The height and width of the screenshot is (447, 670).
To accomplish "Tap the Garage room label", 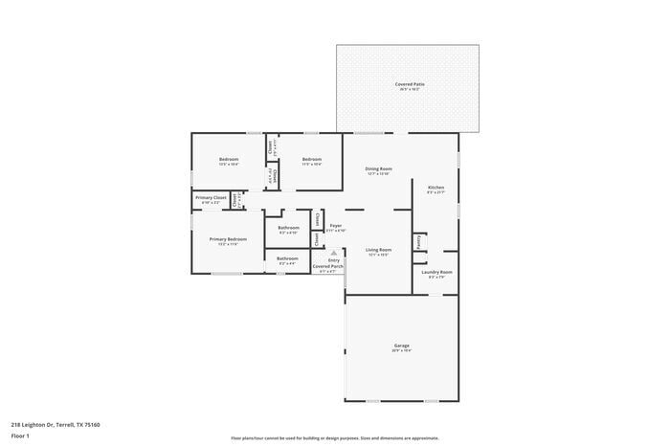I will click(402, 345).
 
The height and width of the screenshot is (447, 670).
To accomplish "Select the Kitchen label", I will click(435, 187).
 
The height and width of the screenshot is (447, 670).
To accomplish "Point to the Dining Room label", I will click(378, 168).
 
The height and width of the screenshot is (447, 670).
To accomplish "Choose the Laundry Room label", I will click(437, 272).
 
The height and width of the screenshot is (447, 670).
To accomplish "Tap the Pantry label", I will click(419, 244).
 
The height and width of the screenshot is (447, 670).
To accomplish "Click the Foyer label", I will click(335, 226).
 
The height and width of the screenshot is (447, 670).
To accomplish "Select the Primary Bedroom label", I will click(228, 239).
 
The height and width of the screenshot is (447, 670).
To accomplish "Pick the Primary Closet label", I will click(211, 197).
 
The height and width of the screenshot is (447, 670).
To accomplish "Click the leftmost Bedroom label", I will click(228, 159).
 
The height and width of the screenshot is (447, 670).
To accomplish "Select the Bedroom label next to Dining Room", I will click(311, 159).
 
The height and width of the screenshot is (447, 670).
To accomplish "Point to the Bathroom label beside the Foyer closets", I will click(288, 228).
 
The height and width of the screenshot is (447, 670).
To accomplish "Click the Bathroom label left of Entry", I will click(287, 257).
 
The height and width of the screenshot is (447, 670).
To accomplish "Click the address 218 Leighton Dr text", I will click(56, 424).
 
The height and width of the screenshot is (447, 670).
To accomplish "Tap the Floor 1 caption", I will click(20, 436).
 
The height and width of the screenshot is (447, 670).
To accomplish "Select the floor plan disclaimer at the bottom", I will click(334, 436).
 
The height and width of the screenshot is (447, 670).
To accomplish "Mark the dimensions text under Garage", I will click(402, 350).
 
